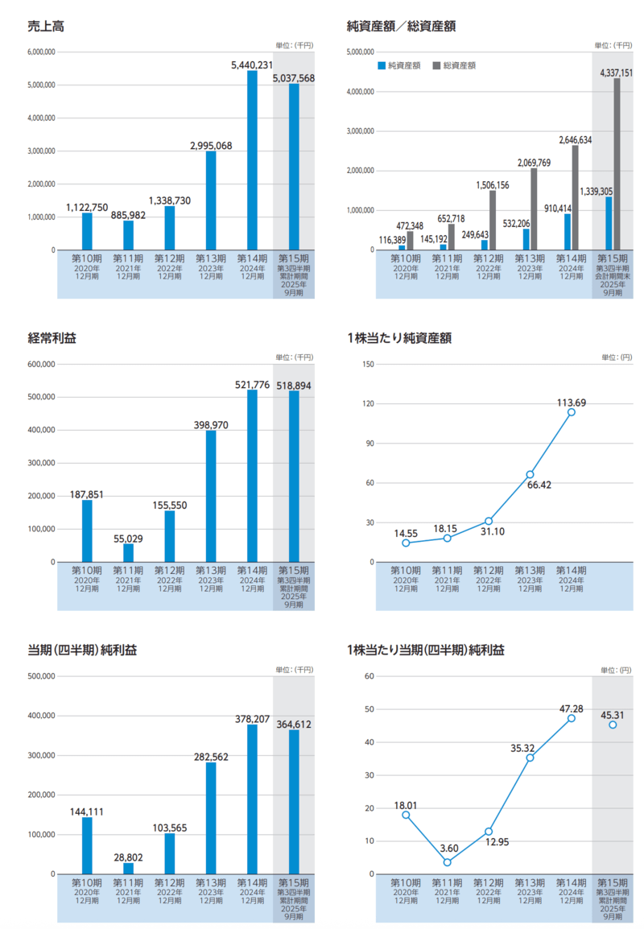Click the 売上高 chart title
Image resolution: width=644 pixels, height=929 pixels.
point(46,26)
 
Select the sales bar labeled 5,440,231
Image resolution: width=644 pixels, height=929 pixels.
point(252,160)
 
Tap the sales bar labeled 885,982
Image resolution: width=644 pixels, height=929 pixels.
point(128,235)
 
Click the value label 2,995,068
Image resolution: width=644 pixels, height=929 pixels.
point(211,146)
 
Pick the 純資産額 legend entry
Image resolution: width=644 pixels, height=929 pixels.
point(398,65)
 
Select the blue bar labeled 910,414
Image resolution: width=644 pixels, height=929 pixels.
point(568,232)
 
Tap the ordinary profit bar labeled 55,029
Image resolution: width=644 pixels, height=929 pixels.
point(128,552)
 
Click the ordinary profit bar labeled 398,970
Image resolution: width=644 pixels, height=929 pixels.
point(211,496)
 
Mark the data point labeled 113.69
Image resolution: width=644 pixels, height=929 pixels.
point(572,412)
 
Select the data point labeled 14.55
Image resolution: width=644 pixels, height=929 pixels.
point(406,543)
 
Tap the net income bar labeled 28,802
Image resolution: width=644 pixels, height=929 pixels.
point(128,868)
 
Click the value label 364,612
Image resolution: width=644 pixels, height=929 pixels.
point(293,725)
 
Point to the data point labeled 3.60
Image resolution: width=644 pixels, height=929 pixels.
point(447,862)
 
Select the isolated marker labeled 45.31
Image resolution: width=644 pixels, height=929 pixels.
point(613,725)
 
